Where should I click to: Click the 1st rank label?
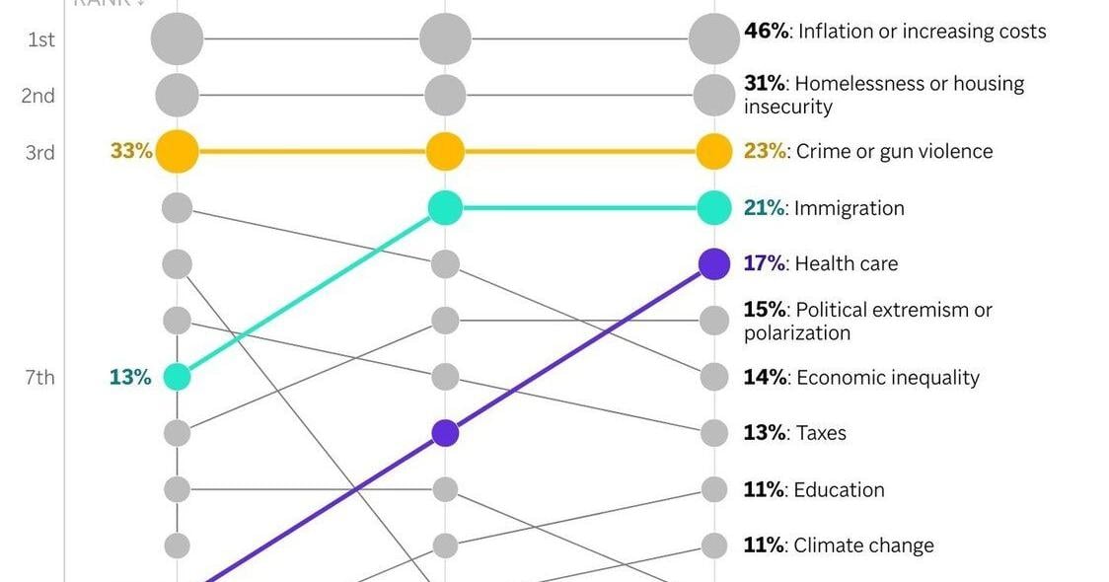tap(39, 39)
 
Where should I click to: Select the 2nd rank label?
tap(39, 96)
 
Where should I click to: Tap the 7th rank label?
tap(39, 377)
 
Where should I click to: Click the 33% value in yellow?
tap(131, 152)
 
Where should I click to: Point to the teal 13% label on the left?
tap(130, 377)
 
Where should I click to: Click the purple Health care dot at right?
tap(714, 264)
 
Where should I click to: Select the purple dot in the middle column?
tap(445, 433)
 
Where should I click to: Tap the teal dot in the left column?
tap(177, 377)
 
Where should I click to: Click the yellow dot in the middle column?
tap(445, 152)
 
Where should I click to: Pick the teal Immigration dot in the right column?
tap(714, 208)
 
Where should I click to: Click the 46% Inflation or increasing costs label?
tap(894, 32)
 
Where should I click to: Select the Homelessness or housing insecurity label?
tap(883, 95)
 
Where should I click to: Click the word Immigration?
tap(849, 208)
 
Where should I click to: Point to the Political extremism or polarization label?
tap(867, 321)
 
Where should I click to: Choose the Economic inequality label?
tap(860, 378)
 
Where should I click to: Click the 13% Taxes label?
tap(794, 433)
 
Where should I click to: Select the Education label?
tap(813, 490)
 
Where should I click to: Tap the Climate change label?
tap(838, 546)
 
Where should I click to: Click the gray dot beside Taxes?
tap(714, 433)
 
